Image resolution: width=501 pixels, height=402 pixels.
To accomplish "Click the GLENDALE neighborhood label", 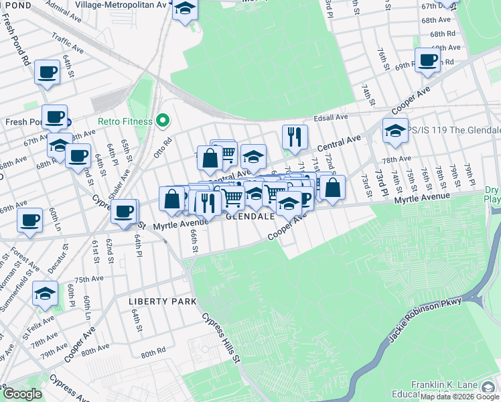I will (x=250, y=218).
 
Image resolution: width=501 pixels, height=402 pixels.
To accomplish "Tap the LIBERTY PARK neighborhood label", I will (x=155, y=301).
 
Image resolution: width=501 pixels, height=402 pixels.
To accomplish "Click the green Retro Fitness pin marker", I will (x=161, y=121).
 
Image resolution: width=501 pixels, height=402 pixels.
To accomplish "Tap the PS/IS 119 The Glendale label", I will (x=455, y=130).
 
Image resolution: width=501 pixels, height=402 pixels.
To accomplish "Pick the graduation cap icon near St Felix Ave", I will (x=45, y=294).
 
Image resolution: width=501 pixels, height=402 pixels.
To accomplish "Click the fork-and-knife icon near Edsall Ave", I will (x=295, y=137).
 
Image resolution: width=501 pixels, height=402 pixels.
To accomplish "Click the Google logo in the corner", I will (x=22, y=394).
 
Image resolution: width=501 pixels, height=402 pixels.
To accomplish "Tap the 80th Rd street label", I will (x=153, y=352).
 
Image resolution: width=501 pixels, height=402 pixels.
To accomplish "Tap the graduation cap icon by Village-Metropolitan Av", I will (x=186, y=10).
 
